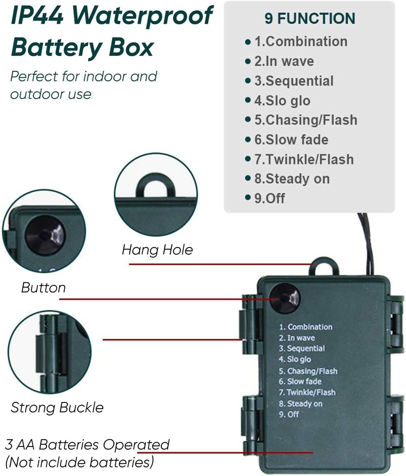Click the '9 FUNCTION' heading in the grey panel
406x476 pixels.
309,18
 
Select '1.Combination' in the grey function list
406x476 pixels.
301,41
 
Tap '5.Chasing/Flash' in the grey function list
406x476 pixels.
305,120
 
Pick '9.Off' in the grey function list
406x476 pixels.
269,198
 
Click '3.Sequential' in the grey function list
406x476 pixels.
294,81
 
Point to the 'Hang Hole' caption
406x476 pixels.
157,250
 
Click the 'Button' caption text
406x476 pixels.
44,288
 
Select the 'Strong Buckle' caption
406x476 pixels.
57,408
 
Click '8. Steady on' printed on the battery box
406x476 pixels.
301,404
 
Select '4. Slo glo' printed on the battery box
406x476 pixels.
295,359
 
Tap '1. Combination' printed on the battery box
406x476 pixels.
305,327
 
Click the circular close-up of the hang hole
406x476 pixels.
156,195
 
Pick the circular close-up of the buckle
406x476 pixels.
50,352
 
